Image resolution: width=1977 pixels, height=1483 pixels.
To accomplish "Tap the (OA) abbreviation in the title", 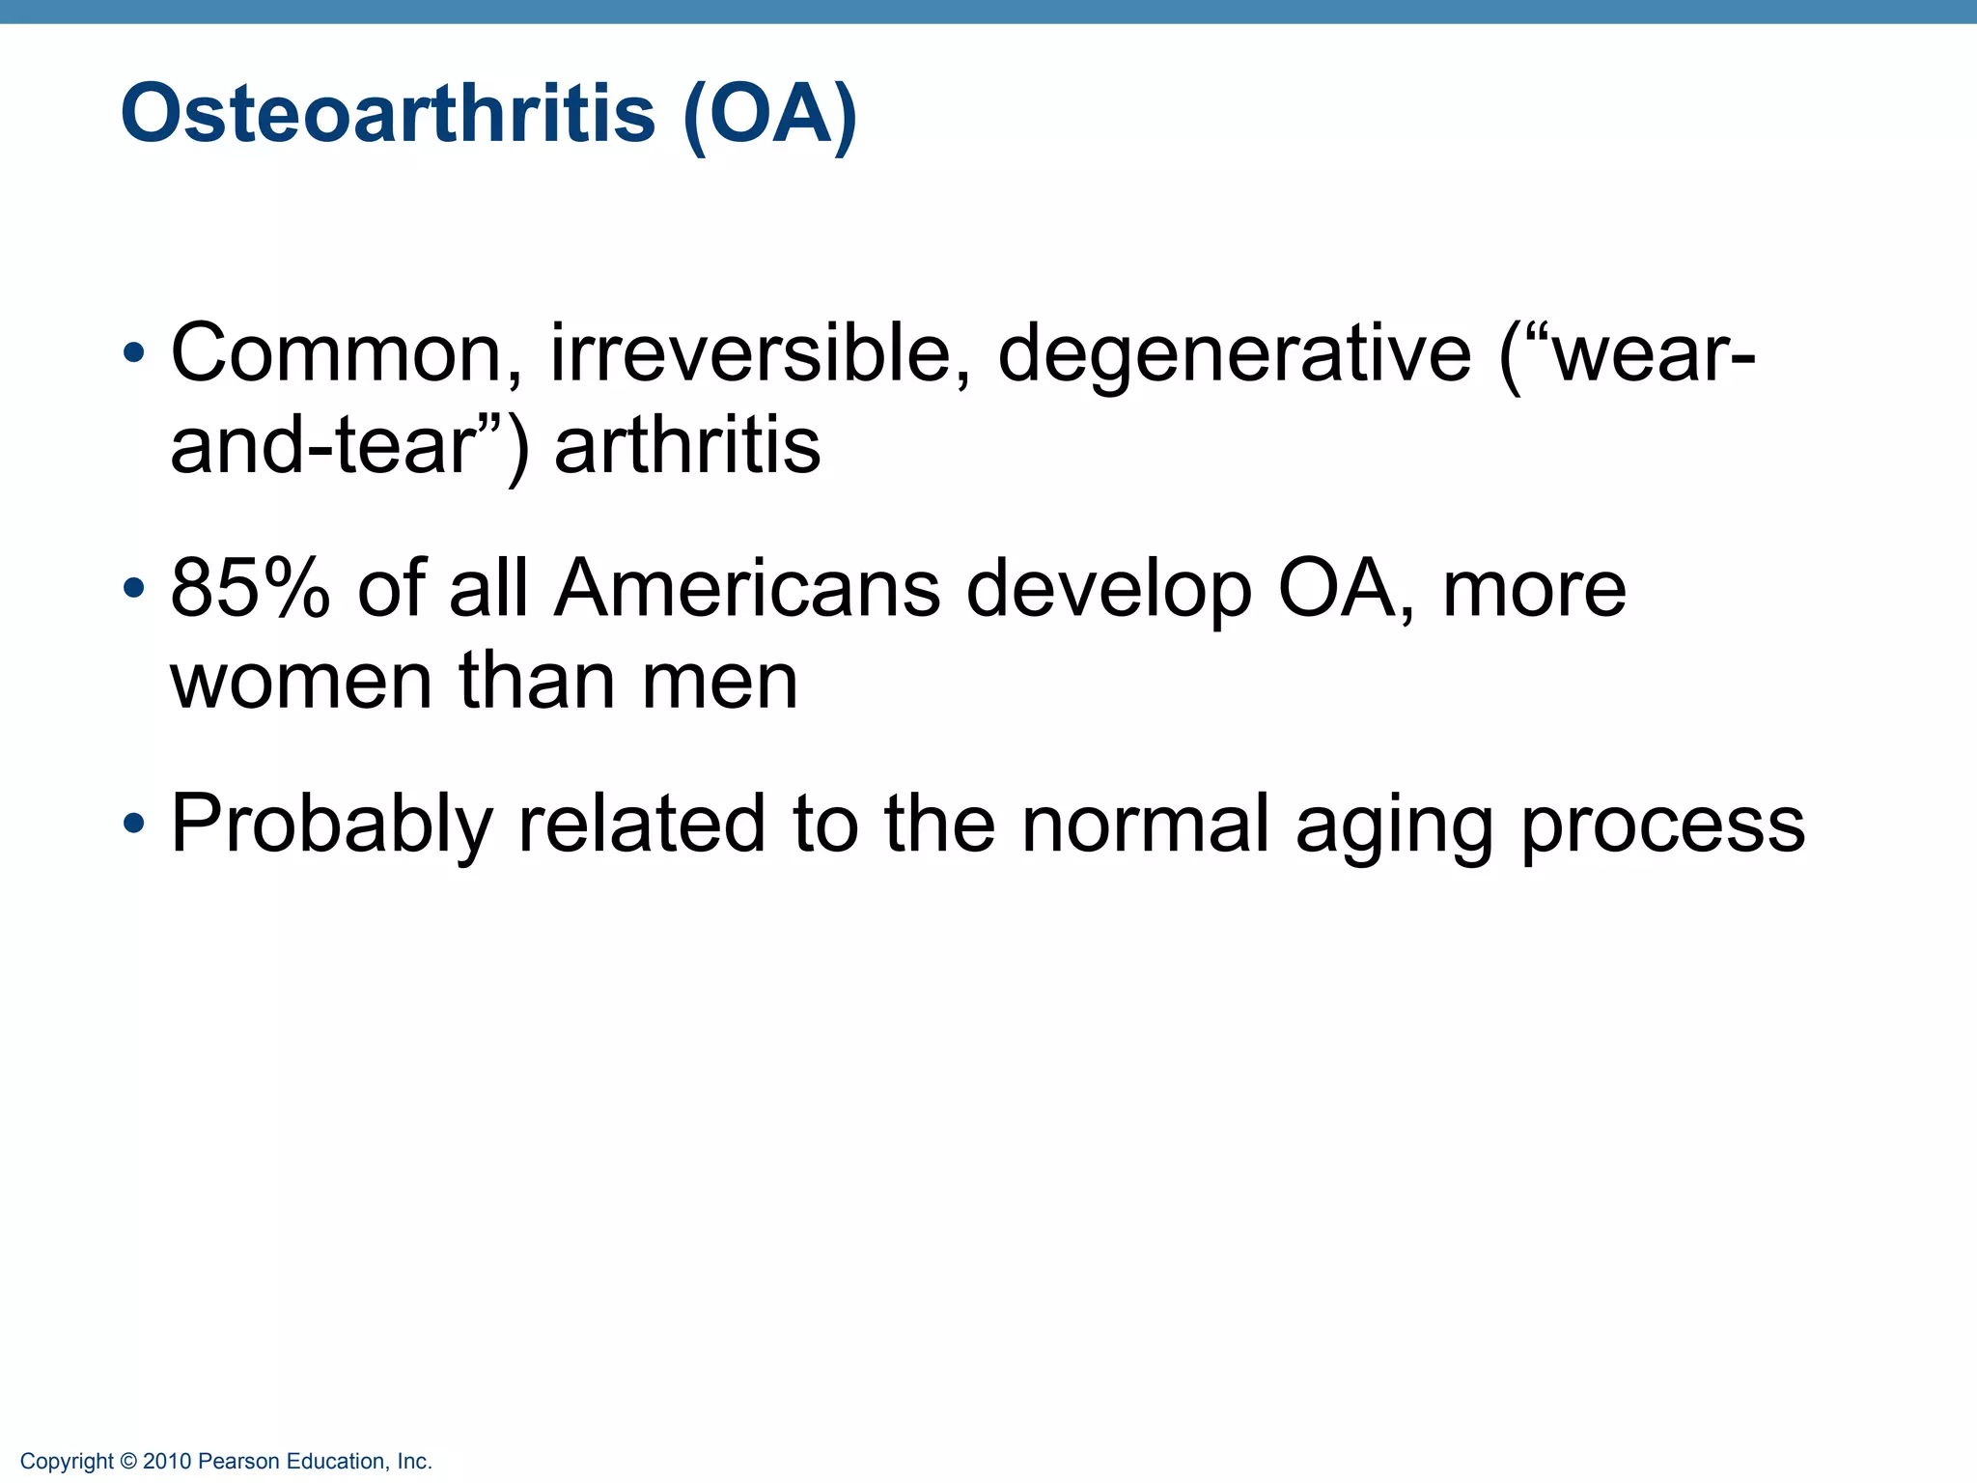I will (x=769, y=115).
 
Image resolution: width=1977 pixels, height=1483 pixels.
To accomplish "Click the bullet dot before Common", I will (x=134, y=352).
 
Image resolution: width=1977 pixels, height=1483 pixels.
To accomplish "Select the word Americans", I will (x=746, y=588).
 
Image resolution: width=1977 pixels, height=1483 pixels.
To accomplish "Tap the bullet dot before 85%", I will (x=134, y=588).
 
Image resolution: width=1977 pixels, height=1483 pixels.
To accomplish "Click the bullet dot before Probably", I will (x=134, y=824).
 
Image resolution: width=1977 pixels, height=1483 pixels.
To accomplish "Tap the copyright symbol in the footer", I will (x=128, y=1462).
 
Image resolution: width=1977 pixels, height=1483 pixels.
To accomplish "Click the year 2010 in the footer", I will (x=167, y=1462).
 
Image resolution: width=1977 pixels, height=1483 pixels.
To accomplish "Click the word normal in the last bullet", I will (x=1145, y=824).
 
